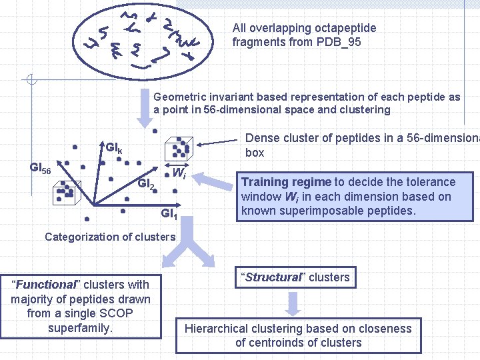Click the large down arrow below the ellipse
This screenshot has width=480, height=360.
(x=145, y=111)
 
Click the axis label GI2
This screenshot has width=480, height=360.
(x=146, y=184)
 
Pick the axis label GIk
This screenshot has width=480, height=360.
(x=113, y=147)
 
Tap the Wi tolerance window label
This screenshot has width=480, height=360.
(x=178, y=173)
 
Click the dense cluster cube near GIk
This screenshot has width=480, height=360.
(x=180, y=149)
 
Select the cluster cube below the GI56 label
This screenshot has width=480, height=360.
(x=65, y=194)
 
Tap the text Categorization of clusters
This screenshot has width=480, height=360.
(x=110, y=237)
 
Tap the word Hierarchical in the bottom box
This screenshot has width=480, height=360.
(x=218, y=329)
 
